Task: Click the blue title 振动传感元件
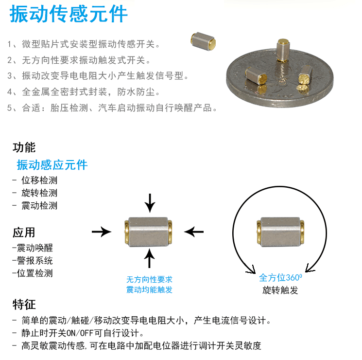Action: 69,14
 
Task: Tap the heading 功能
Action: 24,147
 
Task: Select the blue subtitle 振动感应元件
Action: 52,165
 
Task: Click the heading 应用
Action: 24,232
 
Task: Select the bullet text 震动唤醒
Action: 34,248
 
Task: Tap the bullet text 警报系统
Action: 34,260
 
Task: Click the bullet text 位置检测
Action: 34,273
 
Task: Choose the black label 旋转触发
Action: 280,290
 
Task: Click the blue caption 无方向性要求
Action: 149,280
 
